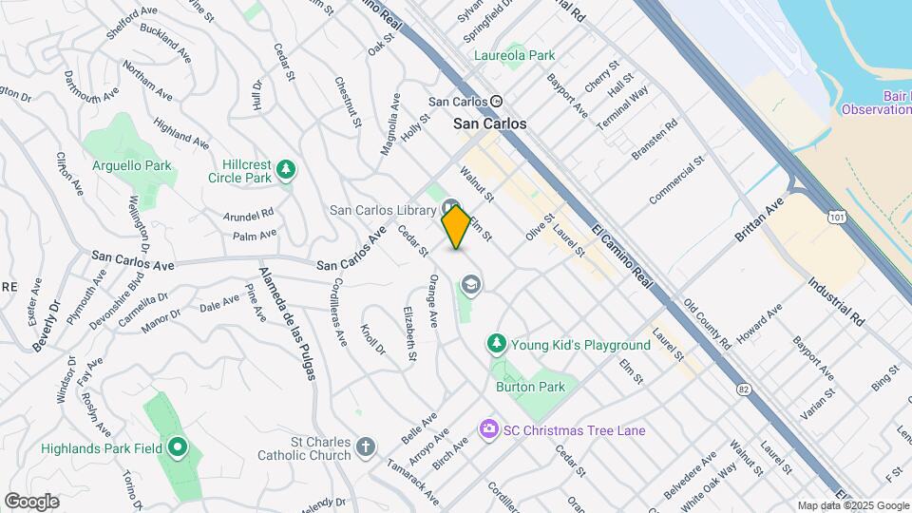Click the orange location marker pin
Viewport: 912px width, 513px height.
click(x=456, y=227)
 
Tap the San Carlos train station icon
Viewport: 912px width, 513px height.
click(x=496, y=102)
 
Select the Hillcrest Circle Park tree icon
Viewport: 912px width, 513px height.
click(x=286, y=170)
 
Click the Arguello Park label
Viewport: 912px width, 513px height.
click(x=132, y=165)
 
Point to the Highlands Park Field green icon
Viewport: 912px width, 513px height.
click(x=177, y=446)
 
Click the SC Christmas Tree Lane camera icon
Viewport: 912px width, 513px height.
click(x=488, y=429)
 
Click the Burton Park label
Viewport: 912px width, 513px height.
click(x=530, y=387)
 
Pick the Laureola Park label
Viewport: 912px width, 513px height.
click(x=516, y=55)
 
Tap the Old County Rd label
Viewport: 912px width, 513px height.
click(x=707, y=324)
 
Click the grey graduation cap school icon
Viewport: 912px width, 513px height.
click(x=470, y=284)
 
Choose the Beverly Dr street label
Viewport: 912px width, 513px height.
click(x=46, y=327)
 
